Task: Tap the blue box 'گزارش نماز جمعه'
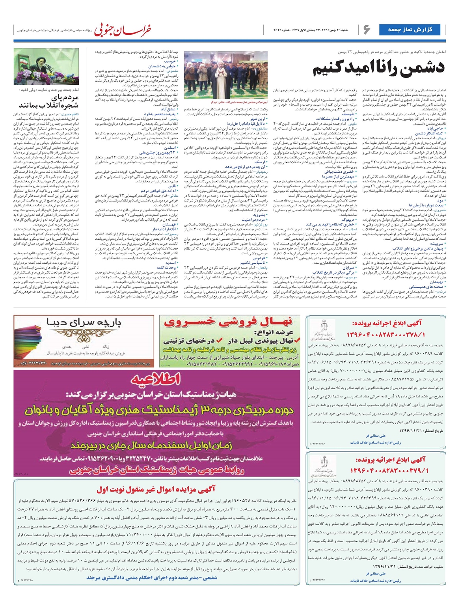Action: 410,30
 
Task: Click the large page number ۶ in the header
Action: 367,30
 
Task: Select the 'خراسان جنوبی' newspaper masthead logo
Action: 122,30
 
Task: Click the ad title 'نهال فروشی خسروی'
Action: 229,322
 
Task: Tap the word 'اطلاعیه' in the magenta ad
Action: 156,379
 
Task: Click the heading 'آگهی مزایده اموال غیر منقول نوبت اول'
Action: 156,489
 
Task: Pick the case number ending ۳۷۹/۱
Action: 389,471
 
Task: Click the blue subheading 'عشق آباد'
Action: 168,109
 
